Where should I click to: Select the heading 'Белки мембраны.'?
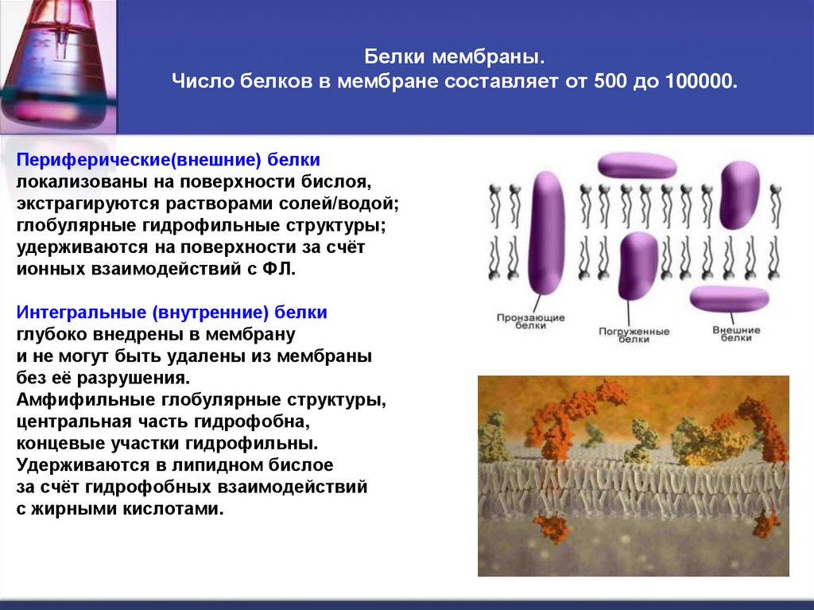tap(455, 58)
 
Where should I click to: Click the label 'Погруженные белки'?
tap(634, 335)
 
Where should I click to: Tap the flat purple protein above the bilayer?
tap(637, 165)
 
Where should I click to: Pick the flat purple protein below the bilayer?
tap(729, 299)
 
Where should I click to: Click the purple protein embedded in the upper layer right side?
tap(739, 194)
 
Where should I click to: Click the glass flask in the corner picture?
tap(55, 64)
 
